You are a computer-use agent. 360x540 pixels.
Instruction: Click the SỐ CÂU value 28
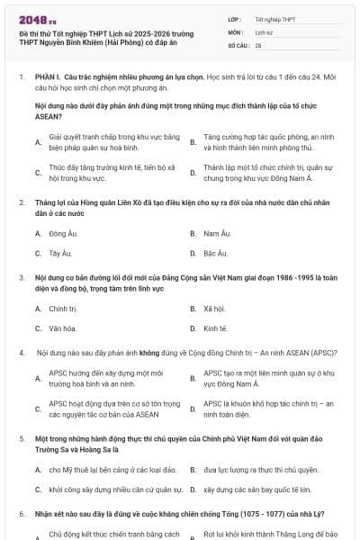tap(258, 44)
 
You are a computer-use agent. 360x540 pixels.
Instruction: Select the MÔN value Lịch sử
tap(264, 31)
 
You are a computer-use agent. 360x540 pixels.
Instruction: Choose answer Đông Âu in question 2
tap(61, 233)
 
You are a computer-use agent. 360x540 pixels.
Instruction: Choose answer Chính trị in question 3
tap(63, 308)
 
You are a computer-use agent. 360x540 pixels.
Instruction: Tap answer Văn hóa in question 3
tap(63, 328)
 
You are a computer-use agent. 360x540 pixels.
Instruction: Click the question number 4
tap(21, 353)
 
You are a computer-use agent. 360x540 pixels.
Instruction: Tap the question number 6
tap(21, 512)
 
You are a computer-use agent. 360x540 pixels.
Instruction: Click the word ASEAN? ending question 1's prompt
tap(48, 116)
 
